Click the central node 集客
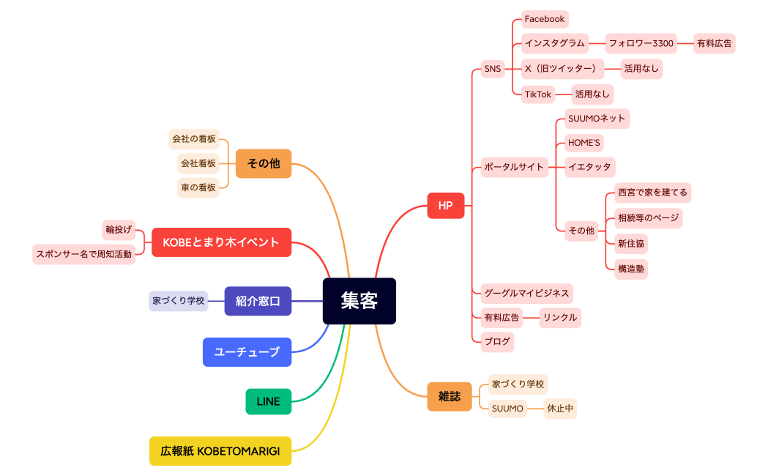coord(359,301)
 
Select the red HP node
coord(445,206)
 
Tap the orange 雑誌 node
coord(449,396)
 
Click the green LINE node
coord(268,401)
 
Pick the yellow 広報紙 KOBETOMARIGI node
coord(220,451)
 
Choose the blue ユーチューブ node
coord(247,352)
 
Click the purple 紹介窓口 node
coord(258,301)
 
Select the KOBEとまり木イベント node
coord(221,242)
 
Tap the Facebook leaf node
coord(544,19)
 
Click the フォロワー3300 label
coord(641,43)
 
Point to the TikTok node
coord(537,94)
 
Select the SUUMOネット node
coord(596,119)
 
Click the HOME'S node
coord(584,143)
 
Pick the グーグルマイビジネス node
coord(526,293)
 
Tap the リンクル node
coord(560,317)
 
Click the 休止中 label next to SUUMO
coord(559,409)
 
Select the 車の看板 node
coord(198,187)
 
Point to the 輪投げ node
coord(119,229)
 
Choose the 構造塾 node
coord(631,269)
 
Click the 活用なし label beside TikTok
coord(592,94)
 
